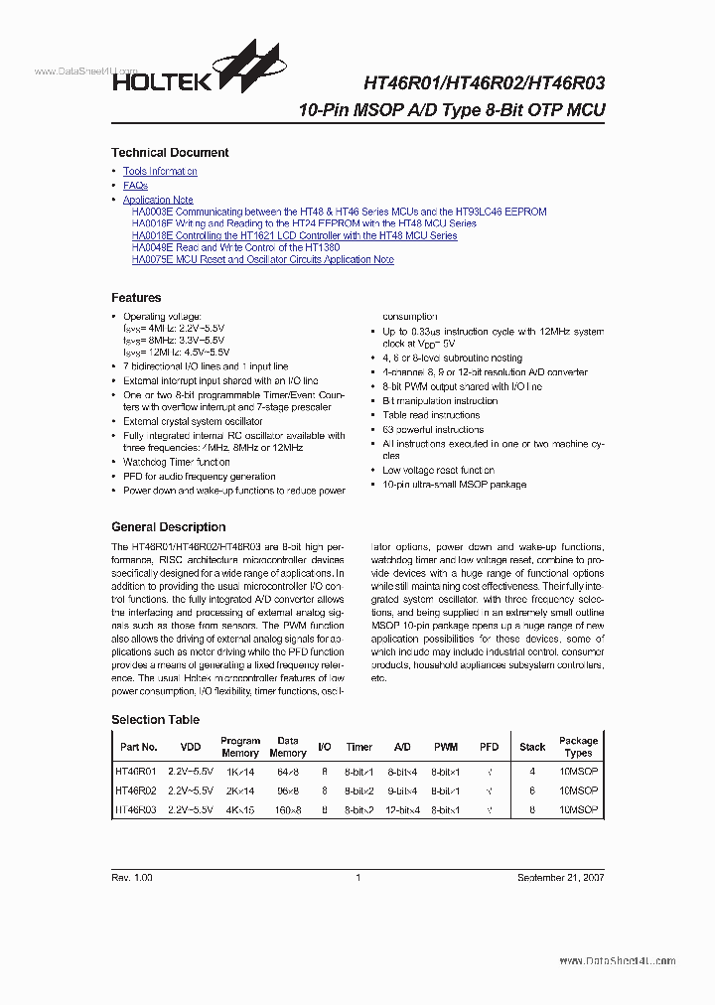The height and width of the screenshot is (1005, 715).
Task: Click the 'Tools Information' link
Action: tap(160, 172)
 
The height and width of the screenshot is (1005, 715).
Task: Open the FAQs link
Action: tap(135, 186)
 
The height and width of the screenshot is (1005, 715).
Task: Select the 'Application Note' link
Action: tap(158, 200)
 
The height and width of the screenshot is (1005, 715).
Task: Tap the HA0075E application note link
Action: tap(262, 260)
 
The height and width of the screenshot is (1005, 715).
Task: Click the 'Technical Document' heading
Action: tap(170, 153)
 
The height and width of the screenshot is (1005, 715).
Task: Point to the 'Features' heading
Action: tap(136, 298)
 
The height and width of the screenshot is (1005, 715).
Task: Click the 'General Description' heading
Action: tap(169, 527)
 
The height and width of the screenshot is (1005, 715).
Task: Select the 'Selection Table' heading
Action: tap(155, 720)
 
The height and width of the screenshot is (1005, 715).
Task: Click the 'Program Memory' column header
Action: tap(240, 747)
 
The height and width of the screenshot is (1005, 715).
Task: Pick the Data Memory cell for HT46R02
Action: tap(288, 790)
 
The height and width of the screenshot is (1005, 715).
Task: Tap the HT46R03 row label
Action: tap(136, 810)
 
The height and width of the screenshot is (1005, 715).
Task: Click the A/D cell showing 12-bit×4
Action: tap(403, 810)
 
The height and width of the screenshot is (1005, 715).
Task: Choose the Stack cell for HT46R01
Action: tap(532, 771)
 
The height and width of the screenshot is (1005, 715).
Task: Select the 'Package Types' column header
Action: tap(578, 747)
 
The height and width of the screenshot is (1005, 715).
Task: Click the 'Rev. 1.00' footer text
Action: tap(132, 878)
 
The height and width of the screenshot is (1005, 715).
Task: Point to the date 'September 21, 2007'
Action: tap(560, 878)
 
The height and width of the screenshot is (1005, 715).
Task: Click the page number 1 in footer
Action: tap(357, 878)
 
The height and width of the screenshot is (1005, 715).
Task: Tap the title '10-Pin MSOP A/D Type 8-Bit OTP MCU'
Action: tap(452, 110)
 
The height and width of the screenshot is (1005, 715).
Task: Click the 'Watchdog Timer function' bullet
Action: tap(177, 463)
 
